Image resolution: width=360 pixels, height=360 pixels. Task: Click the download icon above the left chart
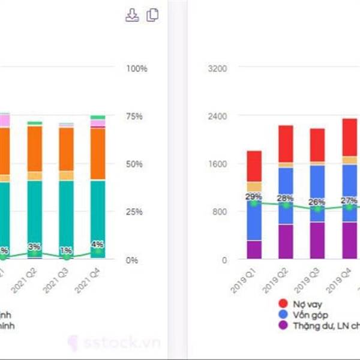tap(131, 16)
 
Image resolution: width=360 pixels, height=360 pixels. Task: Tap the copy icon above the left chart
tap(152, 16)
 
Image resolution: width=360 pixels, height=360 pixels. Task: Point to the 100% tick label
tap(136, 68)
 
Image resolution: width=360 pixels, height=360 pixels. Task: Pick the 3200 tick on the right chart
tap(216, 68)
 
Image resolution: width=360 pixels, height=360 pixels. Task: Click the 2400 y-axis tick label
tap(216, 116)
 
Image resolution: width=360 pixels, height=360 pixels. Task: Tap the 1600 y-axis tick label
tap(216, 164)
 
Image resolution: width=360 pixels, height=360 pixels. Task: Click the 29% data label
tap(254, 197)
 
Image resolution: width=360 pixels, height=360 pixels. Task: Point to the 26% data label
tap(317, 202)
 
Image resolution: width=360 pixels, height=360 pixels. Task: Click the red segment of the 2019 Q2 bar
tap(286, 143)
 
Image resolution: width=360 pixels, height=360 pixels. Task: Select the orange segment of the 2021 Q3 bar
tap(66, 149)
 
